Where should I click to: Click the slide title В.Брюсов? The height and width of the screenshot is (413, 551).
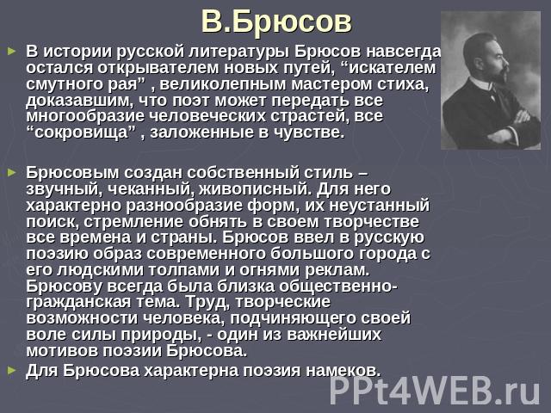(276, 22)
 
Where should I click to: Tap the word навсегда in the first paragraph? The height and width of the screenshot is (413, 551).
(404, 52)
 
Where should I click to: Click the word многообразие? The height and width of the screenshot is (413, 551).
(85, 117)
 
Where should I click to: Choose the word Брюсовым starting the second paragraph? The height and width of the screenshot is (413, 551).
(72, 173)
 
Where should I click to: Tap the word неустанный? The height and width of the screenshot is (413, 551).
(379, 206)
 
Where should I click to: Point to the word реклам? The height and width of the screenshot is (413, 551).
(337, 270)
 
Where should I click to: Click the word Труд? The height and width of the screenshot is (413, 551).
(207, 302)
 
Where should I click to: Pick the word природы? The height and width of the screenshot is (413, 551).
(161, 335)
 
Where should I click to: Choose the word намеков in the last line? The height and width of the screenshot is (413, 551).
(343, 371)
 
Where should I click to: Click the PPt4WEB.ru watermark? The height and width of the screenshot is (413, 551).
(434, 391)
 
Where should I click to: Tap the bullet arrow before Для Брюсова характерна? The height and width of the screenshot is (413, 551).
(12, 370)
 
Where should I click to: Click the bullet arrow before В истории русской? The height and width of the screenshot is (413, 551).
(12, 52)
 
